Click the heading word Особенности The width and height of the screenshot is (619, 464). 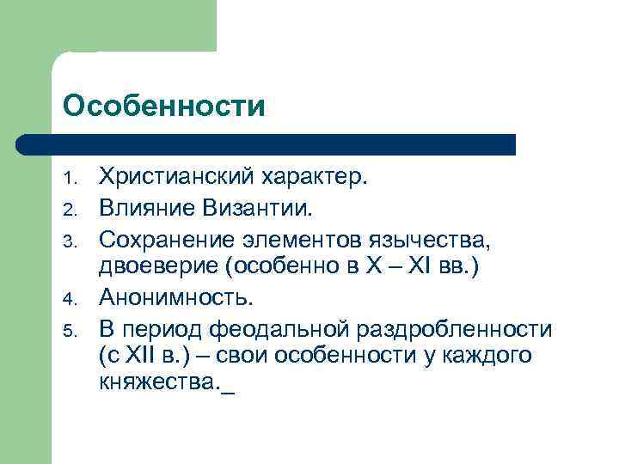point(164,107)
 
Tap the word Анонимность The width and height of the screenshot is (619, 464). point(177,297)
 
